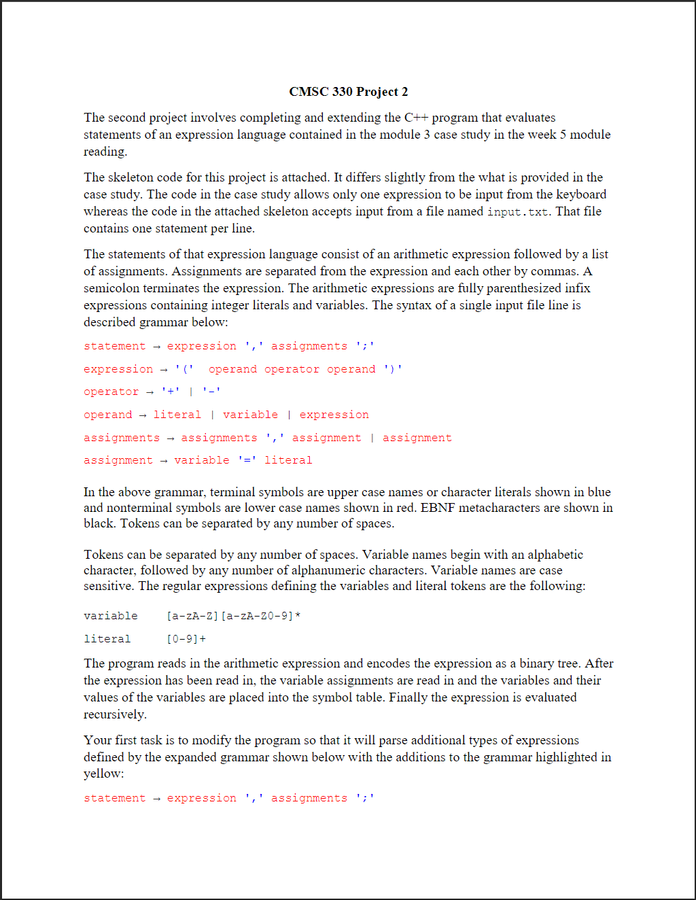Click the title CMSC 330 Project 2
(x=348, y=92)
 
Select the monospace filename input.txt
(x=517, y=212)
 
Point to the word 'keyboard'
(x=581, y=194)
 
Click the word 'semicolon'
(x=111, y=288)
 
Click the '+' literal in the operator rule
(x=170, y=392)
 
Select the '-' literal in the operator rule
(x=211, y=392)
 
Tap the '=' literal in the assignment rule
(x=247, y=460)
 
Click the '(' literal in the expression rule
(x=184, y=369)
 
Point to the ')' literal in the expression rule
(x=393, y=369)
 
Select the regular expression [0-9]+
(x=186, y=639)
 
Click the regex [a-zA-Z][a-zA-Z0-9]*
(x=233, y=616)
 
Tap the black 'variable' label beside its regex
(x=111, y=616)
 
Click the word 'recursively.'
(x=115, y=714)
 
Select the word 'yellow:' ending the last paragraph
(x=103, y=774)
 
